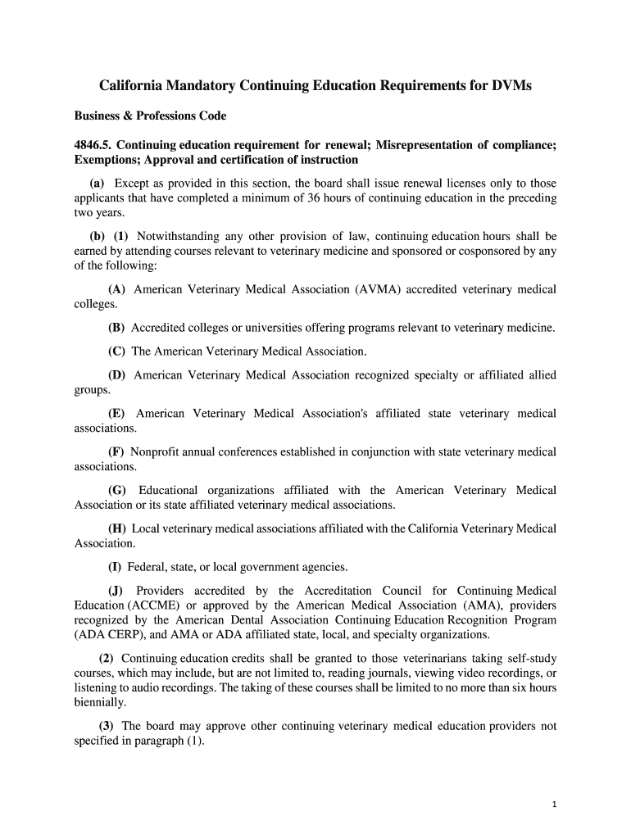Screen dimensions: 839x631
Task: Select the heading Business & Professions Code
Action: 150,116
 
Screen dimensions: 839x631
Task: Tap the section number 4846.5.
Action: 95,145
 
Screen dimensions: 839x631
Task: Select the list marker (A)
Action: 116,289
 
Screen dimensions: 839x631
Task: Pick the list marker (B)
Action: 116,328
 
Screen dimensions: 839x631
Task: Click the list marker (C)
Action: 116,351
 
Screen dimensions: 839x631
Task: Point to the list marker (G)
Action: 117,490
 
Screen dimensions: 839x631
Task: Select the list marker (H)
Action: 116,528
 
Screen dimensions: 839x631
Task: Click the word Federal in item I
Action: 148,566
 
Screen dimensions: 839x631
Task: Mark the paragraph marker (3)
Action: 107,725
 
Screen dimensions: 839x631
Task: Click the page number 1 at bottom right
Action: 554,804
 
